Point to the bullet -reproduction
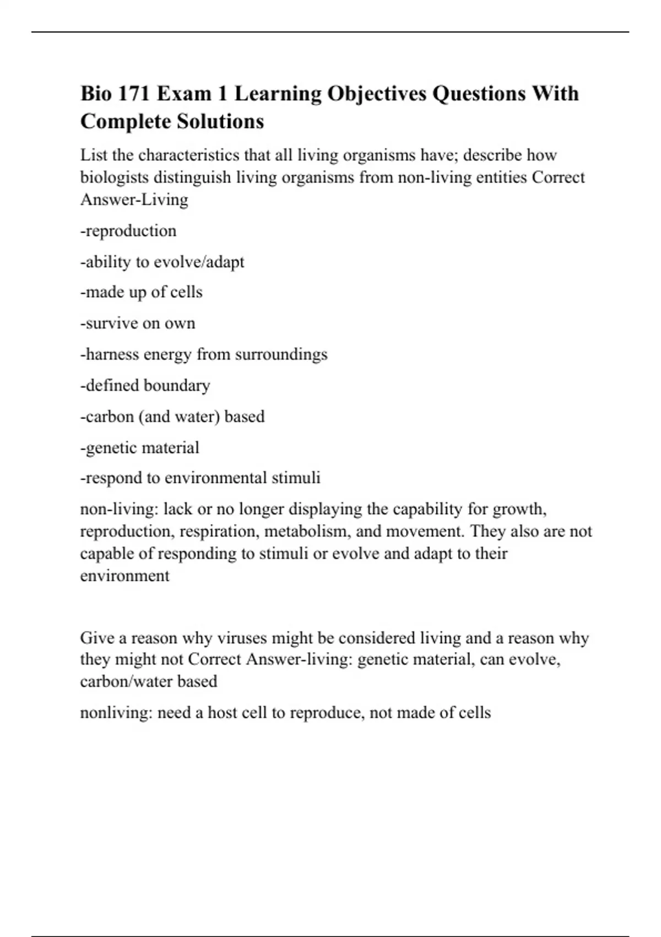point(128,230)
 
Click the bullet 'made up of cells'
point(142,292)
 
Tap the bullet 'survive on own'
point(138,323)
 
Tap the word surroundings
point(281,354)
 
